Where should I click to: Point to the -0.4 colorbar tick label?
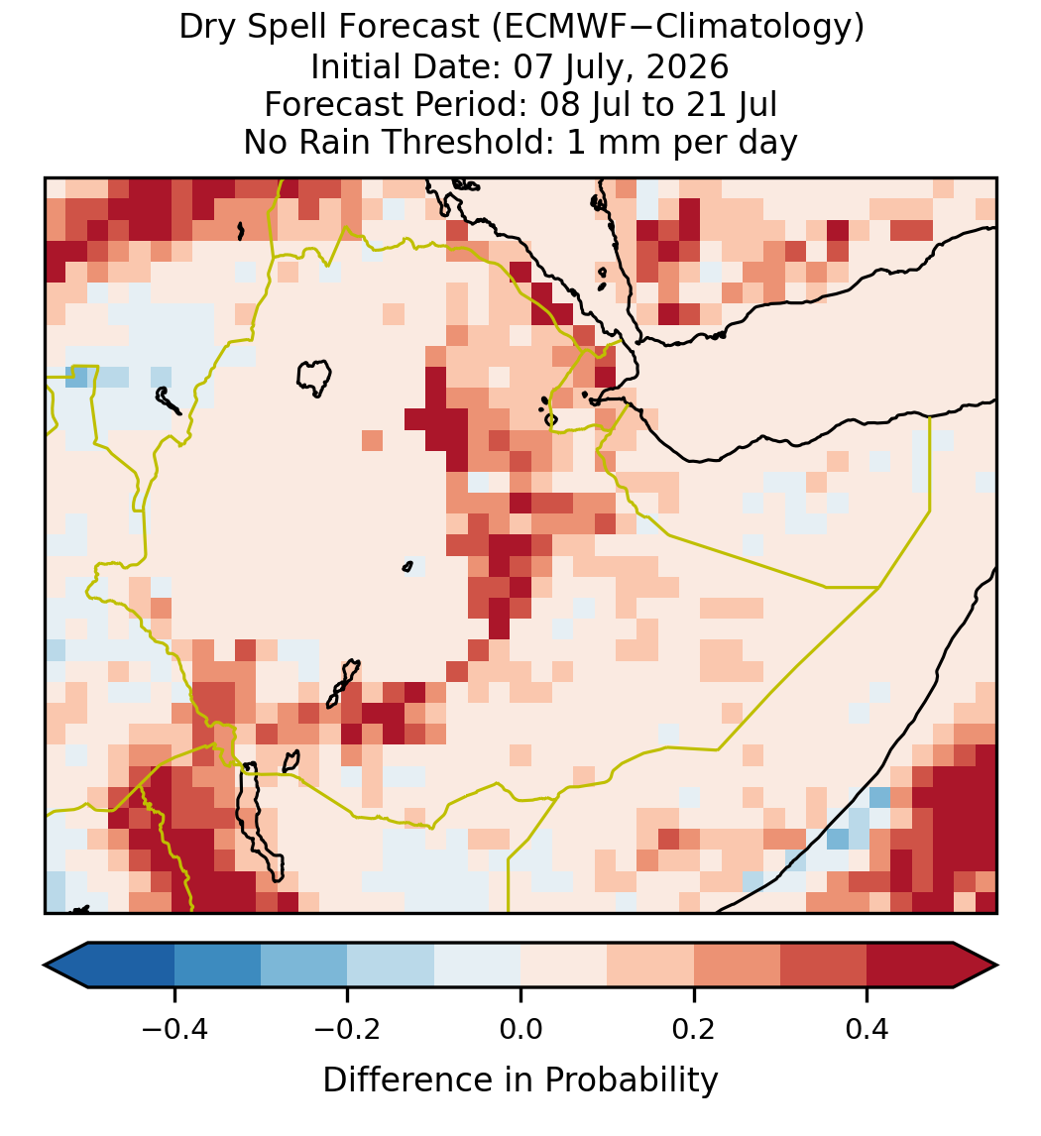point(173,1029)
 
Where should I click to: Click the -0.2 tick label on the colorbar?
point(347,1029)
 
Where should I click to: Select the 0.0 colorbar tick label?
point(520,1029)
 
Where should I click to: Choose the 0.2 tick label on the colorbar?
point(693,1029)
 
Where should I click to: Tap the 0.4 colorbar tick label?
point(867,1029)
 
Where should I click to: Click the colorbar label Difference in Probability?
point(520,1080)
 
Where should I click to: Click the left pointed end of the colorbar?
point(45,966)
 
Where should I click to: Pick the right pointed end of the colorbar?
point(997,966)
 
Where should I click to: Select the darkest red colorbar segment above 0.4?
point(910,966)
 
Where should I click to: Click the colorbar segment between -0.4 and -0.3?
point(217,966)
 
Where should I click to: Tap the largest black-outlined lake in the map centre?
point(313,378)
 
